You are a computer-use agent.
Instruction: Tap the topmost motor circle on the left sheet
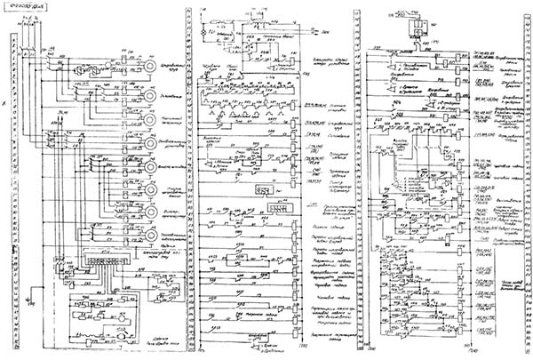coord(137,68)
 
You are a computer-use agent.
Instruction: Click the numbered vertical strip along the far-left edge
coord(10,178)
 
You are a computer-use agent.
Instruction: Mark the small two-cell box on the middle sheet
coord(264,188)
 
